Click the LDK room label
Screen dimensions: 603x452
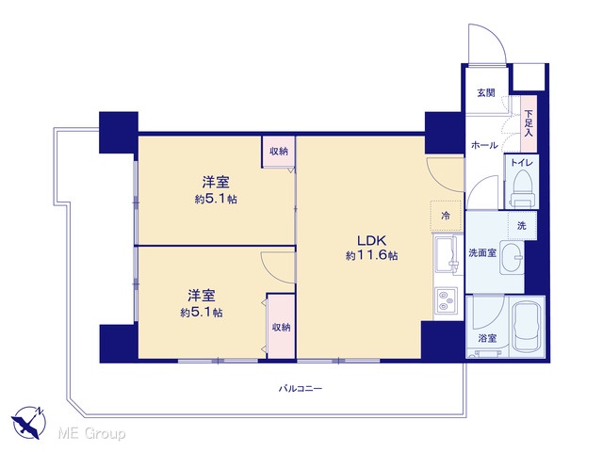tap(371, 241)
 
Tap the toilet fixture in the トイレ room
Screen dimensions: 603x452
tap(522, 188)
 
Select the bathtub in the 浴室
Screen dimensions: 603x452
tap(526, 327)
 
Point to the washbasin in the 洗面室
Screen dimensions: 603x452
tap(512, 257)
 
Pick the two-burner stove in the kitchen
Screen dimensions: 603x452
tap(446, 300)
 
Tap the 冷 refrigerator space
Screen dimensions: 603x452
tap(446, 216)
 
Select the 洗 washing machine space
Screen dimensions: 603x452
tap(521, 226)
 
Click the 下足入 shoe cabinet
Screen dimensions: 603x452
tap(529, 123)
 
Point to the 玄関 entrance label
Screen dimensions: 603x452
tap(486, 92)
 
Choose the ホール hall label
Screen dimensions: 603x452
tap(484, 145)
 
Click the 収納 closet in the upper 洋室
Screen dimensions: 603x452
tap(279, 152)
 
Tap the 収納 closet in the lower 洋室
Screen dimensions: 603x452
tap(281, 327)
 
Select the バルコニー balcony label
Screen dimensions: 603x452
tap(301, 388)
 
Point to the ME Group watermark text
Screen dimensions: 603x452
tap(91, 434)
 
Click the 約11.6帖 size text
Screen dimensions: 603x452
tap(371, 255)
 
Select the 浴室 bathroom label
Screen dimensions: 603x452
tap(487, 339)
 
